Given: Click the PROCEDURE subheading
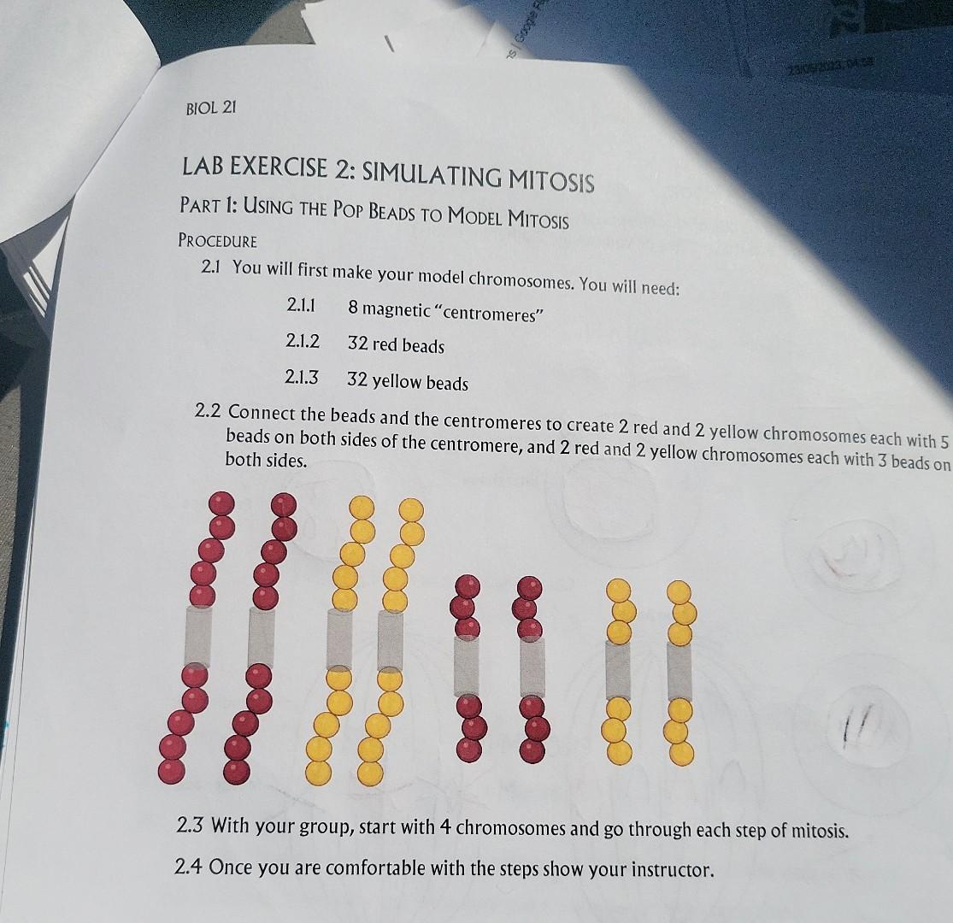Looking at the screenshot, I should (217, 241).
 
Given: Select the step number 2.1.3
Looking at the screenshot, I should (302, 377).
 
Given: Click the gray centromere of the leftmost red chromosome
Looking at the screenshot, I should (197, 634).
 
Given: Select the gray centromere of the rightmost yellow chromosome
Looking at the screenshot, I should (679, 668).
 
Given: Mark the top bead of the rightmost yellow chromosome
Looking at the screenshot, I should (679, 591).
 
